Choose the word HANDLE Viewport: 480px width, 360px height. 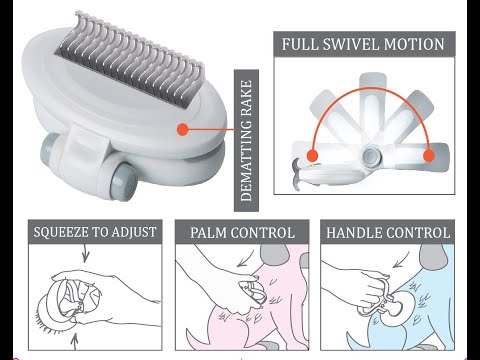[x=358, y=233]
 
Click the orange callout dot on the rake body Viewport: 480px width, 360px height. [x=183, y=129]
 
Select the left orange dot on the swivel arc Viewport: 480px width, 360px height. [x=314, y=156]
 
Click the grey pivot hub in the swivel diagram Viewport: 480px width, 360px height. [x=372, y=156]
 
